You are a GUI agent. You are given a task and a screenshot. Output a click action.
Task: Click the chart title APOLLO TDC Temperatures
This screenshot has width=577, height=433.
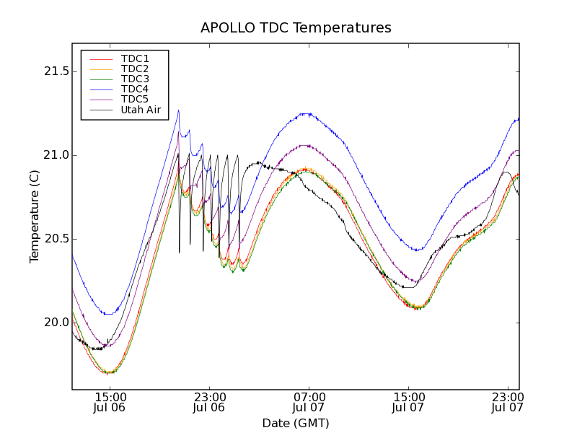click(x=296, y=28)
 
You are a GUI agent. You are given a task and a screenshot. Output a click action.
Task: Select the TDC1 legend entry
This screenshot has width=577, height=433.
click(x=135, y=58)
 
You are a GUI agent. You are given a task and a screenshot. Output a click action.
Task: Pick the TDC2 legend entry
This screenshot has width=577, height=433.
click(x=135, y=69)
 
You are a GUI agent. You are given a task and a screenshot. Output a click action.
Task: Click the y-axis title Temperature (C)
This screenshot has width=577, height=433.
click(x=35, y=216)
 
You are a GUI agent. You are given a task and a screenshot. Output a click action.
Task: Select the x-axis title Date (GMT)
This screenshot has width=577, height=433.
click(x=296, y=423)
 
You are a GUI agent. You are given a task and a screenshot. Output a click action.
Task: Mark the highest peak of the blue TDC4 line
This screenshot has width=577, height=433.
click(x=178, y=110)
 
